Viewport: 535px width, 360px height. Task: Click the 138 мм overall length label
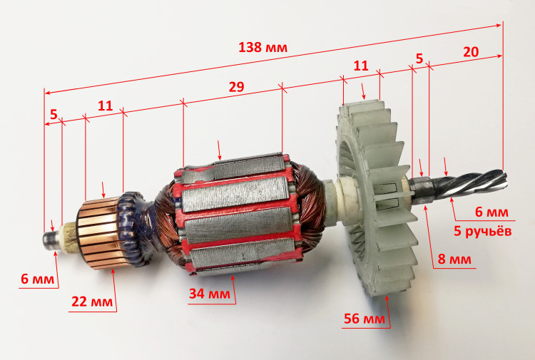coord(263,47)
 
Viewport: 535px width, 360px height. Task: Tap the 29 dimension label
coord(236,87)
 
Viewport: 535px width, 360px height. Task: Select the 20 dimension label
coord(471,52)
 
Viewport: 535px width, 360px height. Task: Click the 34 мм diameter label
coord(210,293)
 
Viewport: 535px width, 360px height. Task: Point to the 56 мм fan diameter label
coord(365,319)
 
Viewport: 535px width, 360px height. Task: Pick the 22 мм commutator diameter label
coord(92,302)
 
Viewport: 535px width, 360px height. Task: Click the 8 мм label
coord(454,259)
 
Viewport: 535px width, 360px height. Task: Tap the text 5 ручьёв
coord(482,231)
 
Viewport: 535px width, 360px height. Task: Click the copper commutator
coord(99,234)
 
